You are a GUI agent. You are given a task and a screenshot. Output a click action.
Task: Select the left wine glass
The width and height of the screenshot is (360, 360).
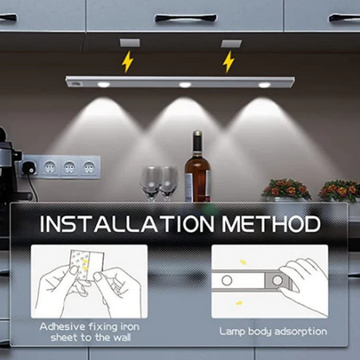151,180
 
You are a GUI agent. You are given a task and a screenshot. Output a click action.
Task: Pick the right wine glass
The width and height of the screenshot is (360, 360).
168,180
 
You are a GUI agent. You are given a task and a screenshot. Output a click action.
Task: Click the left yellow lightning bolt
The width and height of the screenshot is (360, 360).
127,61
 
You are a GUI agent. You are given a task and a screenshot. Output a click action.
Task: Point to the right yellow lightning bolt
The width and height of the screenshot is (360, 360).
228,61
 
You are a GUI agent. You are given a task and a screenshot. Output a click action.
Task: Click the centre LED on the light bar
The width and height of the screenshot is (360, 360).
184,84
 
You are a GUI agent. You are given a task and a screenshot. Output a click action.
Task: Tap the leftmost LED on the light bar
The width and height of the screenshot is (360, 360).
104,84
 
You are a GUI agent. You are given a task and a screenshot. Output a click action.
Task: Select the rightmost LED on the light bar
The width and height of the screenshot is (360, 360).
264,84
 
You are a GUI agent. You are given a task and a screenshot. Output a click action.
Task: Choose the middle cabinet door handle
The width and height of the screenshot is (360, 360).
185,17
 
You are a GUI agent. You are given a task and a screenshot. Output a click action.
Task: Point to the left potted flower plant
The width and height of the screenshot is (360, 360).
286,189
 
